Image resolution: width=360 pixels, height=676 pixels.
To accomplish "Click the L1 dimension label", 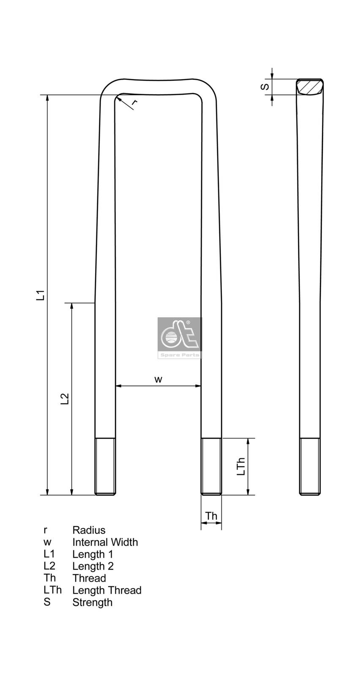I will click(x=40, y=295).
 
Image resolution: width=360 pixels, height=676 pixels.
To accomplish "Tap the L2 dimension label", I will click(x=65, y=399).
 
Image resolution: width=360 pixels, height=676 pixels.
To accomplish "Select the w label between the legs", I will click(x=158, y=379).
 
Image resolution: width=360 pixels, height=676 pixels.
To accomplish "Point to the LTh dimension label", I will click(x=241, y=466).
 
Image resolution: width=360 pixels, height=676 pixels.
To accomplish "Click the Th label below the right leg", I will click(x=211, y=516).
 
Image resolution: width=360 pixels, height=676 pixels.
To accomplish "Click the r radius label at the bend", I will click(x=134, y=102).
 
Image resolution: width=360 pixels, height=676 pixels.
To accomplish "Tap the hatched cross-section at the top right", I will click(x=310, y=87).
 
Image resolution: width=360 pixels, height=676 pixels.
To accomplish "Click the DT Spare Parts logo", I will click(x=180, y=338).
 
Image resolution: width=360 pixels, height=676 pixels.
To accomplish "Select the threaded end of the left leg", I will click(x=105, y=466).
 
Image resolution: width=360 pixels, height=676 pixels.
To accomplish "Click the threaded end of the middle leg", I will click(x=211, y=466).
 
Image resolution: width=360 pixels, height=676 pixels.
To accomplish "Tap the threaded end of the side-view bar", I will click(x=310, y=466).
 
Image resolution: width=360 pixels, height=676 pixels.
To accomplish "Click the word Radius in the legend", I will click(x=89, y=530).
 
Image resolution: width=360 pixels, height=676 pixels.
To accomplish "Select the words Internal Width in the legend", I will click(x=105, y=542).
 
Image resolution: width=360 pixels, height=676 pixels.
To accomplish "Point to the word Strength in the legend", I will click(x=92, y=602).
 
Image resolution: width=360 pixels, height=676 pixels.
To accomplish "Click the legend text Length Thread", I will click(x=106, y=590).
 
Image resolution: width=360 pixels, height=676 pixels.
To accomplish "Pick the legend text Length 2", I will click(x=93, y=566).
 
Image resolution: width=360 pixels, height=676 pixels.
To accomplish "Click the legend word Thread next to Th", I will click(x=89, y=578).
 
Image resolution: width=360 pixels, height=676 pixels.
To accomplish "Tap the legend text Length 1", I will click(x=93, y=554).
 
